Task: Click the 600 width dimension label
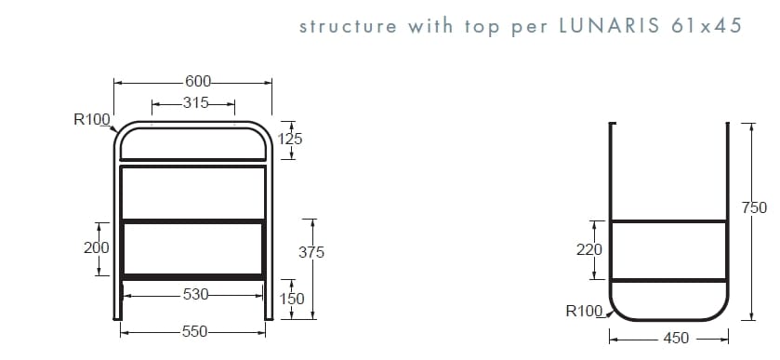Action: click(x=197, y=82)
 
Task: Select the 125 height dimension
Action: click(x=290, y=139)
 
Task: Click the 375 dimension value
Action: click(x=311, y=252)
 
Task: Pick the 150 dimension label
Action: click(x=293, y=300)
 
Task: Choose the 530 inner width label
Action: click(x=196, y=295)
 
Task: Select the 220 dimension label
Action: click(x=589, y=249)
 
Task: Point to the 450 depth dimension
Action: click(x=676, y=338)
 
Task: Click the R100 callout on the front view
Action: click(x=92, y=119)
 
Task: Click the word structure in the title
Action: click(x=348, y=26)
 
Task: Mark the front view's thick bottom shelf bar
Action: click(x=193, y=276)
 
